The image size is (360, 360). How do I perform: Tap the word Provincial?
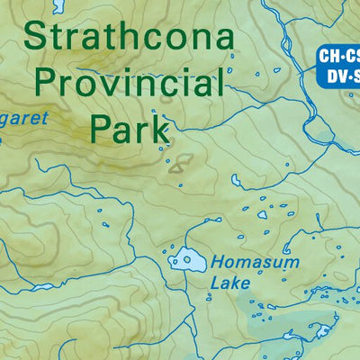tap(128, 85)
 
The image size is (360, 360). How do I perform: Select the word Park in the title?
tap(130, 128)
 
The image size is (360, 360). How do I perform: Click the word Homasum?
tap(246, 264)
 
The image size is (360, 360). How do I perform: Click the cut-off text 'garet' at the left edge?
tap(22, 118)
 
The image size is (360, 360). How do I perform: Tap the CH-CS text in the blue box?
tap(339, 56)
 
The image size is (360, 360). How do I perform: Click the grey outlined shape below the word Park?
tap(178, 163)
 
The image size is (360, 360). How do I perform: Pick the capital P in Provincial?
tap(42, 85)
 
